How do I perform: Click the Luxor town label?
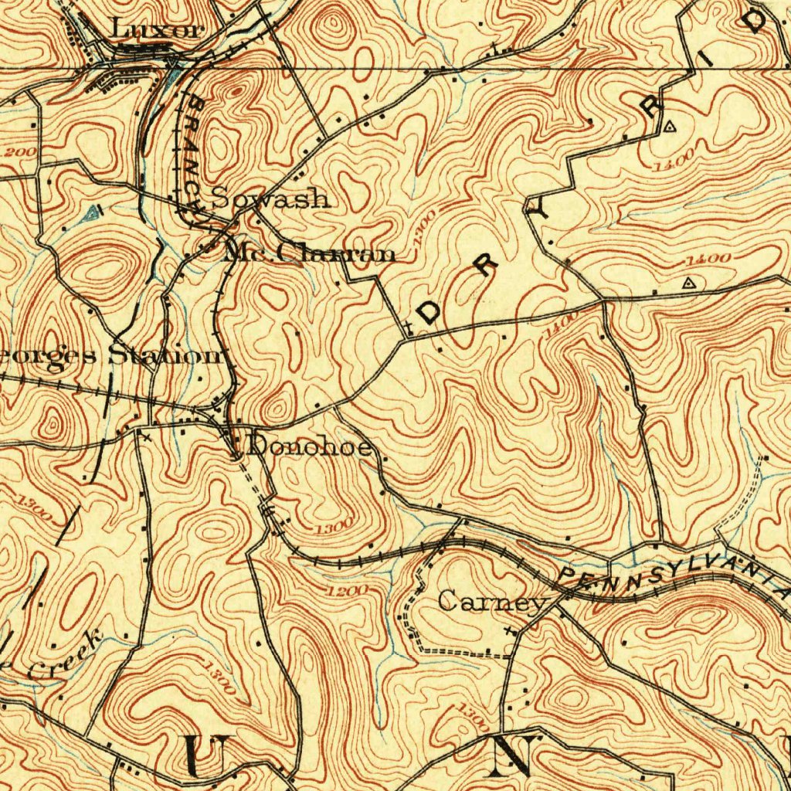click(x=158, y=30)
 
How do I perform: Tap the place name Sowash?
click(x=270, y=199)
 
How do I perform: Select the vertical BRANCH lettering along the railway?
click(x=194, y=147)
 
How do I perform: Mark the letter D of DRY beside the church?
click(x=428, y=312)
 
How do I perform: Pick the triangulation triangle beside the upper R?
click(x=670, y=125)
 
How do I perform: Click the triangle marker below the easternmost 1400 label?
click(x=690, y=284)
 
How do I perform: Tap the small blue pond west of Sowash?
click(x=92, y=211)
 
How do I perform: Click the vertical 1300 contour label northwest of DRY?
click(x=420, y=229)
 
